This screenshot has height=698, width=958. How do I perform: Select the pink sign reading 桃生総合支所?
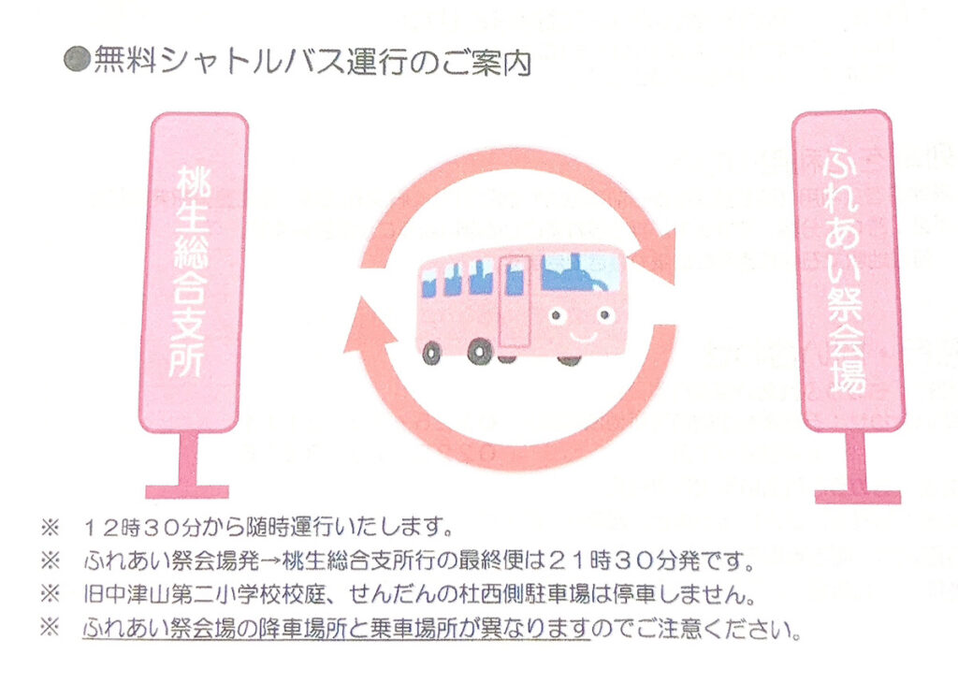point(199,271)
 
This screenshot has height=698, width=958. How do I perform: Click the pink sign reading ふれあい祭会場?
point(849,271)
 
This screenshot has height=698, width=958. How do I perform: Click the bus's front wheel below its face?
point(568,357)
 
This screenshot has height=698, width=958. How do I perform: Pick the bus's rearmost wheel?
point(431,353)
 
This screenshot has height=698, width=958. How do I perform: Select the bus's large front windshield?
point(580,271)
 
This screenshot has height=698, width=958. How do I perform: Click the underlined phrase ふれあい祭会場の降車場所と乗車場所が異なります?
point(336,628)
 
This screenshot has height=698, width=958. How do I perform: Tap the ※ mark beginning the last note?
point(50,628)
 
